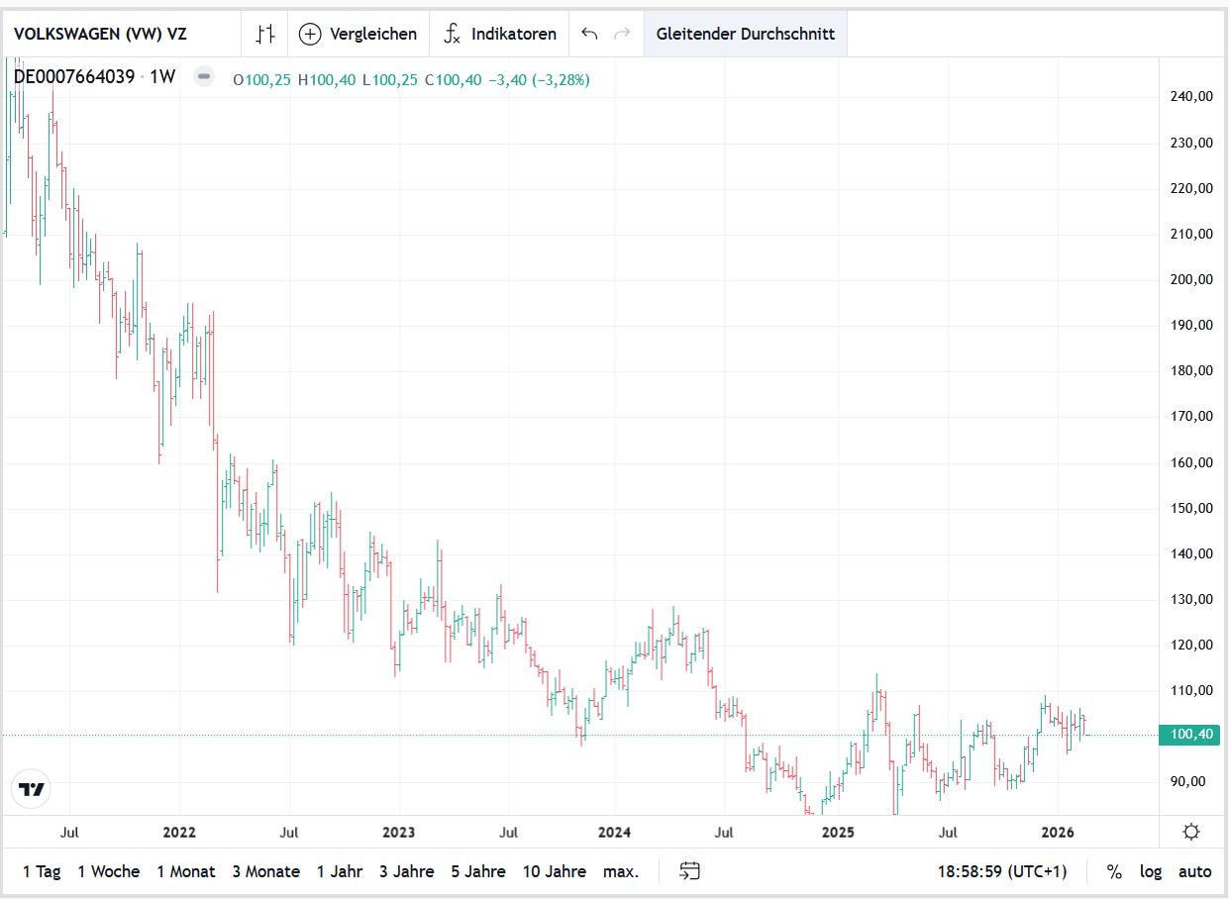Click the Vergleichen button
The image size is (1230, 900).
point(359,34)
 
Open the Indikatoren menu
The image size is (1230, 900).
point(500,34)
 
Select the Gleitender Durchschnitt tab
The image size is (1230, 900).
point(745,34)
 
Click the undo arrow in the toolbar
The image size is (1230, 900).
point(589,34)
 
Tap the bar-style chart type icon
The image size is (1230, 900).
point(264,34)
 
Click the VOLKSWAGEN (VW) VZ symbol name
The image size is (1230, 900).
point(100,33)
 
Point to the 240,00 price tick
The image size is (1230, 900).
point(1191,97)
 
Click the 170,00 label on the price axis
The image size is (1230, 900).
point(1191,417)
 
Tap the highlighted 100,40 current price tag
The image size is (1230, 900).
point(1191,735)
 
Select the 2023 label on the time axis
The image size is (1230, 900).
point(398,832)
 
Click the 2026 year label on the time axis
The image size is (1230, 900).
point(1059,832)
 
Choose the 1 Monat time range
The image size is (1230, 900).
point(185,871)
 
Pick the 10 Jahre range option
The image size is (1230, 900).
point(555,871)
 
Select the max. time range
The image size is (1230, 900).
point(621,871)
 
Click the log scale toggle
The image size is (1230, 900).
point(1150,871)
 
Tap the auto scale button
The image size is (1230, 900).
point(1194,871)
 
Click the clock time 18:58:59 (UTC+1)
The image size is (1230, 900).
point(1002,871)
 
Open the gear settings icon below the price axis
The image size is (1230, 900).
point(1191,832)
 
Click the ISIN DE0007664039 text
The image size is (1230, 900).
point(74,77)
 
